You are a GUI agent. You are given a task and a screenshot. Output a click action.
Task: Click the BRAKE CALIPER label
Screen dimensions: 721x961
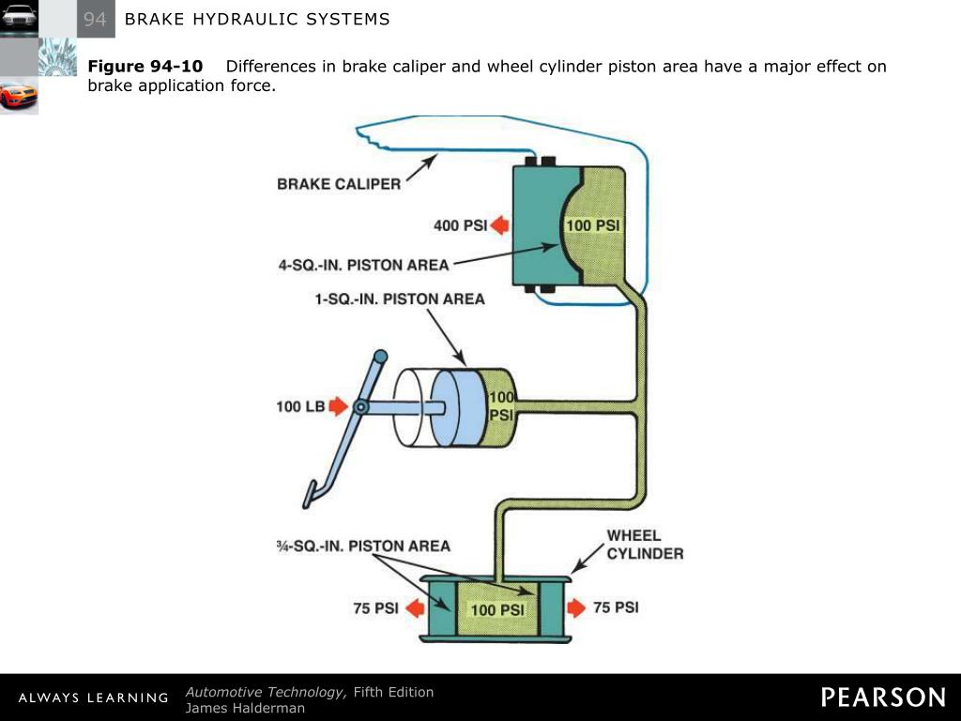coord(339,184)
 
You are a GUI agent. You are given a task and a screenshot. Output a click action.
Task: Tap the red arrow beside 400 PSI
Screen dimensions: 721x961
coord(499,225)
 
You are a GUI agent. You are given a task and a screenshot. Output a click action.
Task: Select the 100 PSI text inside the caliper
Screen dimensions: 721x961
coord(592,225)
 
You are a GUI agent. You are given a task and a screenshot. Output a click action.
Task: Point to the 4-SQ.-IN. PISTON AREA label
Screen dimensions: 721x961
coord(364,265)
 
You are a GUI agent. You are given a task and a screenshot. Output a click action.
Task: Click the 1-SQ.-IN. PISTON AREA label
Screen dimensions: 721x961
coord(400,299)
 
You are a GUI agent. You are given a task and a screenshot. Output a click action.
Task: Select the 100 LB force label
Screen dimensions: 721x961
coord(300,407)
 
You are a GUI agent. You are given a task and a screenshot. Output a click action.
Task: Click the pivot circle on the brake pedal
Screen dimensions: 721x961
coord(359,407)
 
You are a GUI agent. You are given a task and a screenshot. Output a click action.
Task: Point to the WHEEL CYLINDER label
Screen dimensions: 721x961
coord(645,545)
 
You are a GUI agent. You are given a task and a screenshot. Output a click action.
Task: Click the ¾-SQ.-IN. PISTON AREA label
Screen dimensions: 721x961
coord(364,545)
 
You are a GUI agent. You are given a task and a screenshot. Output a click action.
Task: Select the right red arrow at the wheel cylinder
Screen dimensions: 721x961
coord(576,608)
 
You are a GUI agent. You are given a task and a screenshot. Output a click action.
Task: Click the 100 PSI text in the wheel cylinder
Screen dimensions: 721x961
coord(497,610)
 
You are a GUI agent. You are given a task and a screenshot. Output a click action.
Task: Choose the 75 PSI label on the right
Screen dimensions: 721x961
coord(616,607)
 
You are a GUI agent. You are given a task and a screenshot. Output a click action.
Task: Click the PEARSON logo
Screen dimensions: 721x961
coord(883,698)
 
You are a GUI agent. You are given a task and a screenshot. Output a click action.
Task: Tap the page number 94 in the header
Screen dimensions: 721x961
coord(96,19)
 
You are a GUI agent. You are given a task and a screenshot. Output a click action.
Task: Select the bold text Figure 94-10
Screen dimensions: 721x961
coord(145,67)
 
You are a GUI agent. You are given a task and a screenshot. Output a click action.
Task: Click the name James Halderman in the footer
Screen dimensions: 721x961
coord(245,708)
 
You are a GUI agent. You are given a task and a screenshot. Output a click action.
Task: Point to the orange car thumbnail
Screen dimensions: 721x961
coord(19,95)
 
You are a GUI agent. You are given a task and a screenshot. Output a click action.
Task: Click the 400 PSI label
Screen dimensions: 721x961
coord(459,225)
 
